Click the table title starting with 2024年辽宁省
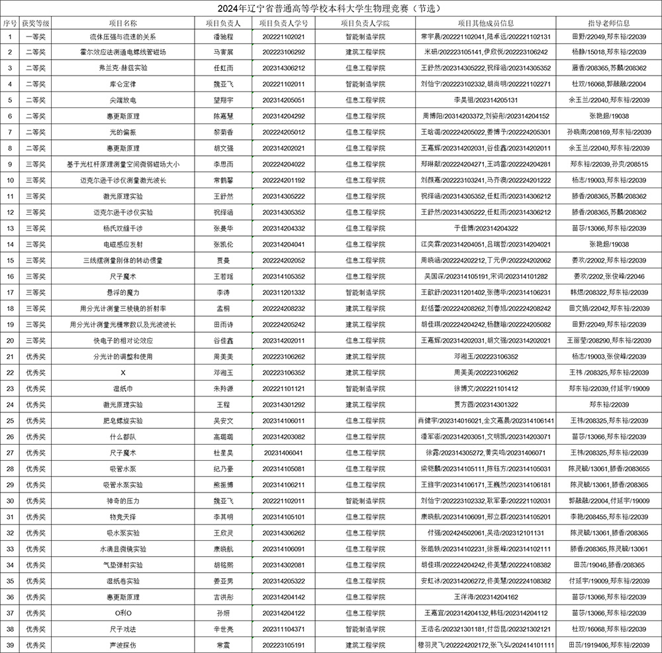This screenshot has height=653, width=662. coord(331,9)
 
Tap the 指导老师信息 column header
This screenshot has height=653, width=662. coord(608,23)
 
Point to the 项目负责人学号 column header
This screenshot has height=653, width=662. coord(283,23)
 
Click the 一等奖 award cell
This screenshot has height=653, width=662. coord(34,36)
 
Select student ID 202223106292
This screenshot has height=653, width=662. coord(283,52)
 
